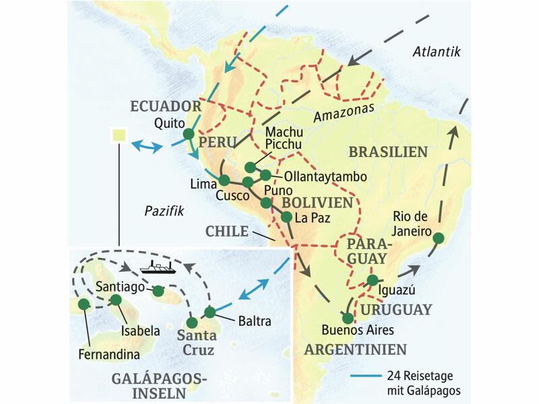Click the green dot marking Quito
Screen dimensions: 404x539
point(188,134)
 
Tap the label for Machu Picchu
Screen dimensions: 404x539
point(284,139)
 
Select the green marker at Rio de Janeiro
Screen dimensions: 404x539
point(438,237)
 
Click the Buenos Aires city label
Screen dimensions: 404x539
point(357,331)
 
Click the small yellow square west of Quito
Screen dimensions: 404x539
point(119,135)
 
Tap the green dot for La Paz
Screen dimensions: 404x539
point(286,217)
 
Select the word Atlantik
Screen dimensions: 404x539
point(437,53)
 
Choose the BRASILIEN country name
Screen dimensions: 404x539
point(387,152)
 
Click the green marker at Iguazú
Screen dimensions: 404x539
point(372,280)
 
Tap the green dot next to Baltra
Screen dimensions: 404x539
point(210,312)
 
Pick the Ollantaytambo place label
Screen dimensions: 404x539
point(325,176)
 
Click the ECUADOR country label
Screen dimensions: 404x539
point(166,106)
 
